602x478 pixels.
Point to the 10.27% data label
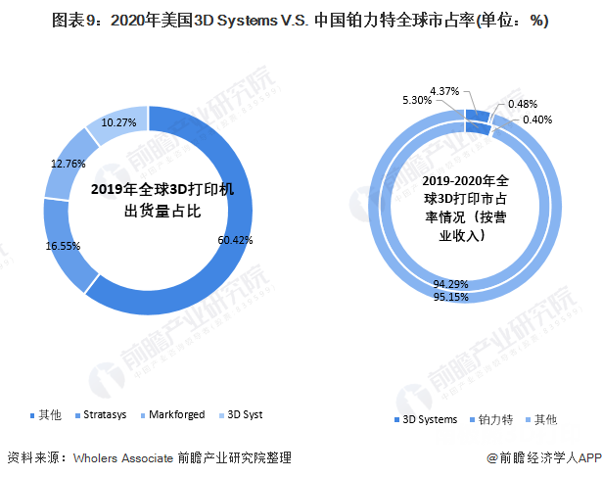pos(118,123)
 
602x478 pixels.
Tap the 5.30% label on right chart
pos(418,101)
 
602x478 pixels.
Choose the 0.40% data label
pos(536,119)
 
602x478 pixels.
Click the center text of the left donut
pos(150,199)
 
